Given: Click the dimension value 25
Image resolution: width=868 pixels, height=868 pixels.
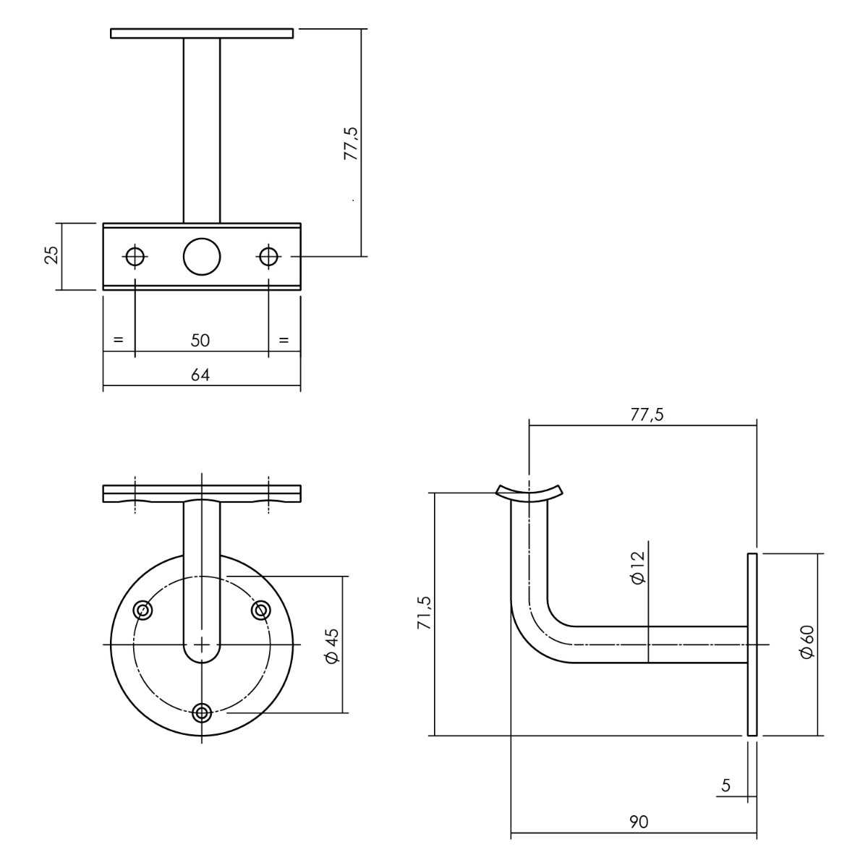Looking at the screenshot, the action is click(53, 255).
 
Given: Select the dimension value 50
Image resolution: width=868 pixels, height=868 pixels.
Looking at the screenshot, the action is click(200, 341).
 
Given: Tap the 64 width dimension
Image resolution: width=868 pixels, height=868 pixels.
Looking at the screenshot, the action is click(200, 375).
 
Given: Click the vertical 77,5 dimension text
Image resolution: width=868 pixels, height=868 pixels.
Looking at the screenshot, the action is click(351, 143).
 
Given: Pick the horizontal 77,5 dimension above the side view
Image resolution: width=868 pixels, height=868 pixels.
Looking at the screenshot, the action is click(647, 414).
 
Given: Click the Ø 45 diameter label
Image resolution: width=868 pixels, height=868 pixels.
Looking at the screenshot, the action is click(331, 645).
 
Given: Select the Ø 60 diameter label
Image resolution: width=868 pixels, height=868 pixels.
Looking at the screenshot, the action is click(808, 642).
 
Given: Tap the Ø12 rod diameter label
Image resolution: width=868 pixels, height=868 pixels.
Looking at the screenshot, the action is click(638, 568).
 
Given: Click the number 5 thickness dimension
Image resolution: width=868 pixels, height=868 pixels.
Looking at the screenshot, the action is click(726, 786).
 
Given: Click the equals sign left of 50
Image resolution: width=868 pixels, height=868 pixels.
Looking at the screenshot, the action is click(118, 340).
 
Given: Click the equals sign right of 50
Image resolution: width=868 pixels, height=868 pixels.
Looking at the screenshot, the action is click(284, 340).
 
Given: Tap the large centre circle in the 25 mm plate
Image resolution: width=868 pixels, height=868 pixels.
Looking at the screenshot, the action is click(202, 256).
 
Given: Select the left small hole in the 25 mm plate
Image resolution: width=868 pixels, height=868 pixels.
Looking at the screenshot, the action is click(135, 256).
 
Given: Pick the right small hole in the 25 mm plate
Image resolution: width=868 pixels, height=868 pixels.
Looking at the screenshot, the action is click(268, 256).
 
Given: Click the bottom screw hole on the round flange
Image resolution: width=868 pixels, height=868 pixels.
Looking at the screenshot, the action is click(202, 713).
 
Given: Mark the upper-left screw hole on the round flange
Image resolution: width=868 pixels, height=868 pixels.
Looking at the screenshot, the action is click(142, 610).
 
